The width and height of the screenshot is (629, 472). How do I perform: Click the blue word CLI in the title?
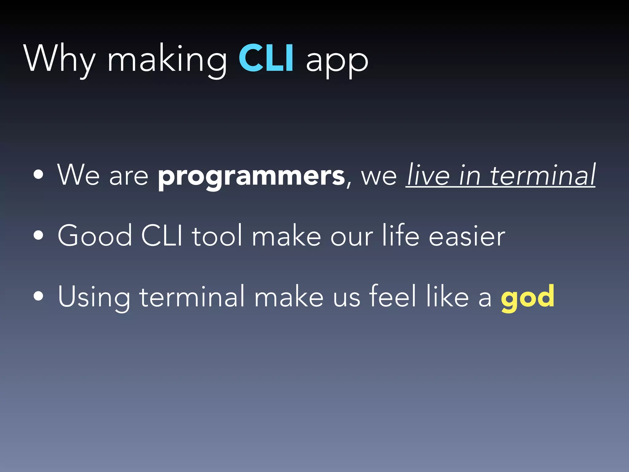tap(266, 58)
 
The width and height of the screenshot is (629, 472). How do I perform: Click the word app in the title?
tap(337, 61)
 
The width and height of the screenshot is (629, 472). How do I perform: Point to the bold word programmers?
tap(251, 177)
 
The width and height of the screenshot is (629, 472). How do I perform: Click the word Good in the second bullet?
tap(95, 236)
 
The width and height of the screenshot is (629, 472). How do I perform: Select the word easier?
tap(467, 236)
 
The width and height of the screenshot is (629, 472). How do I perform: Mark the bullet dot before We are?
tap(39, 175)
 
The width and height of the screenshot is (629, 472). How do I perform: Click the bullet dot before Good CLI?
tap(39, 235)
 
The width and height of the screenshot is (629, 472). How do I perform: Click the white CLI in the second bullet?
tap(162, 236)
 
